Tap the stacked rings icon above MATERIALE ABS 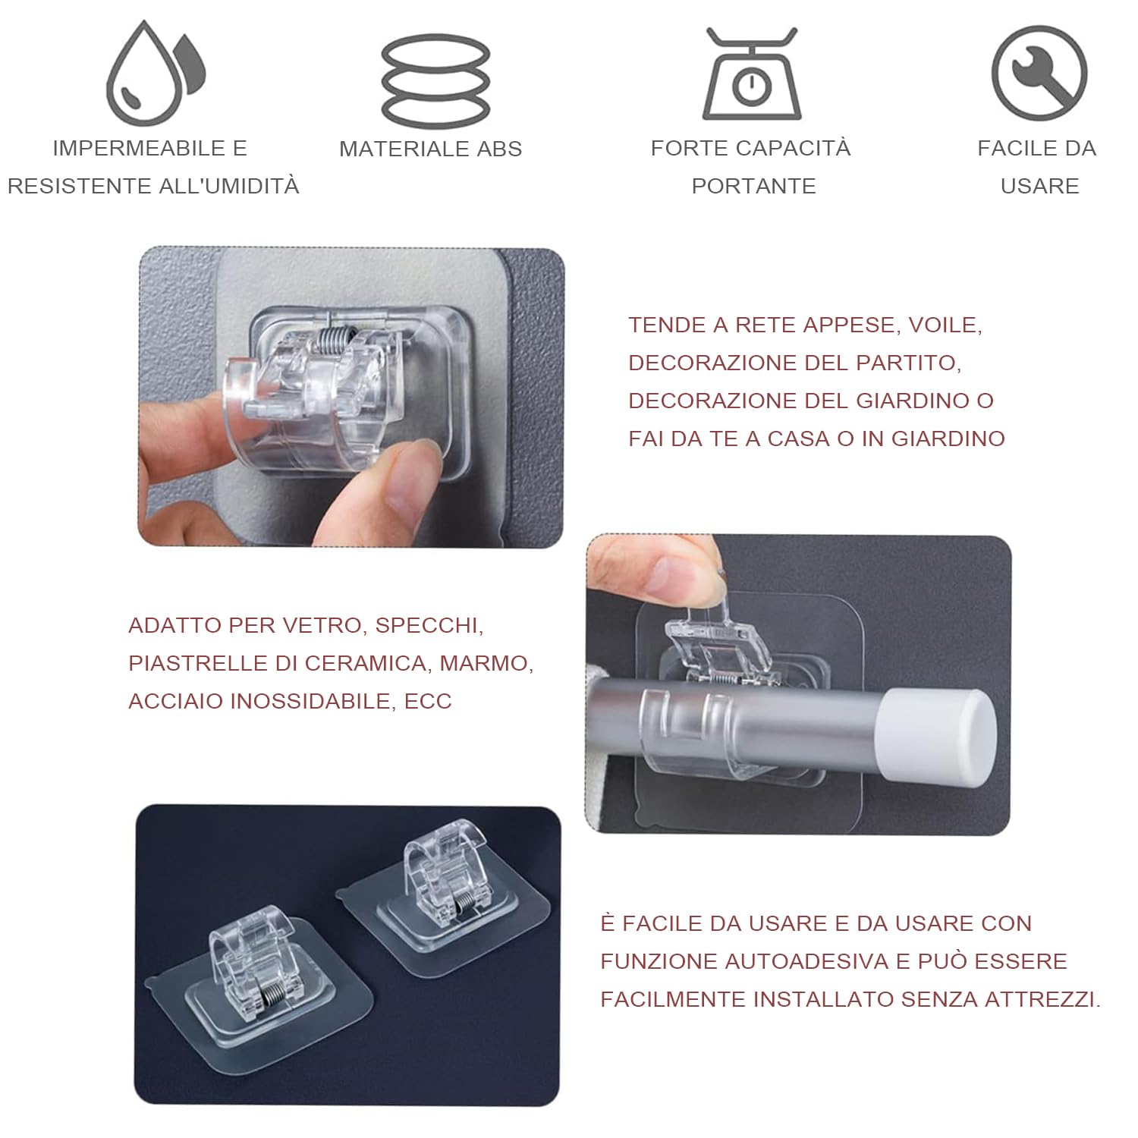(435, 80)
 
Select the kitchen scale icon (751, 76)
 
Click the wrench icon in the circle (1039, 74)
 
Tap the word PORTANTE (753, 186)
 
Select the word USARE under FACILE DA (1039, 186)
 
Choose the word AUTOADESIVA (808, 961)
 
